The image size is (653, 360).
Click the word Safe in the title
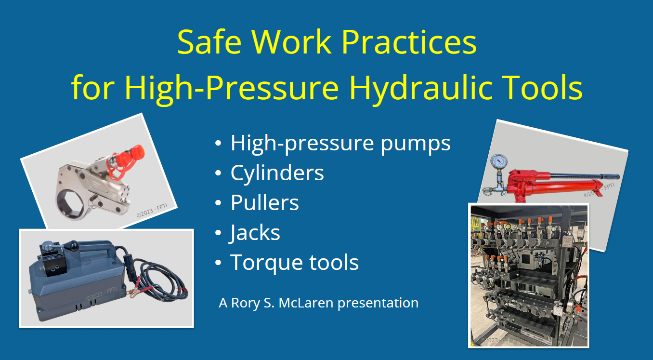click(x=209, y=42)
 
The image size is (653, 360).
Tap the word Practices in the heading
click(x=409, y=42)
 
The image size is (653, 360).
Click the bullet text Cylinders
click(x=277, y=173)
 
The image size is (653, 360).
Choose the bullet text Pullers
click(x=265, y=202)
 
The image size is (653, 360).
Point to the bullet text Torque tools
click(x=294, y=262)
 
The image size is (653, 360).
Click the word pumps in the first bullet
click(x=416, y=144)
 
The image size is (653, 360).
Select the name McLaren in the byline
click(x=306, y=303)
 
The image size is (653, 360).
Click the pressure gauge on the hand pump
click(x=499, y=161)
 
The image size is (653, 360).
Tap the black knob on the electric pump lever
click(x=72, y=244)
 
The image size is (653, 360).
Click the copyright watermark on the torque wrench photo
click(x=152, y=211)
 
